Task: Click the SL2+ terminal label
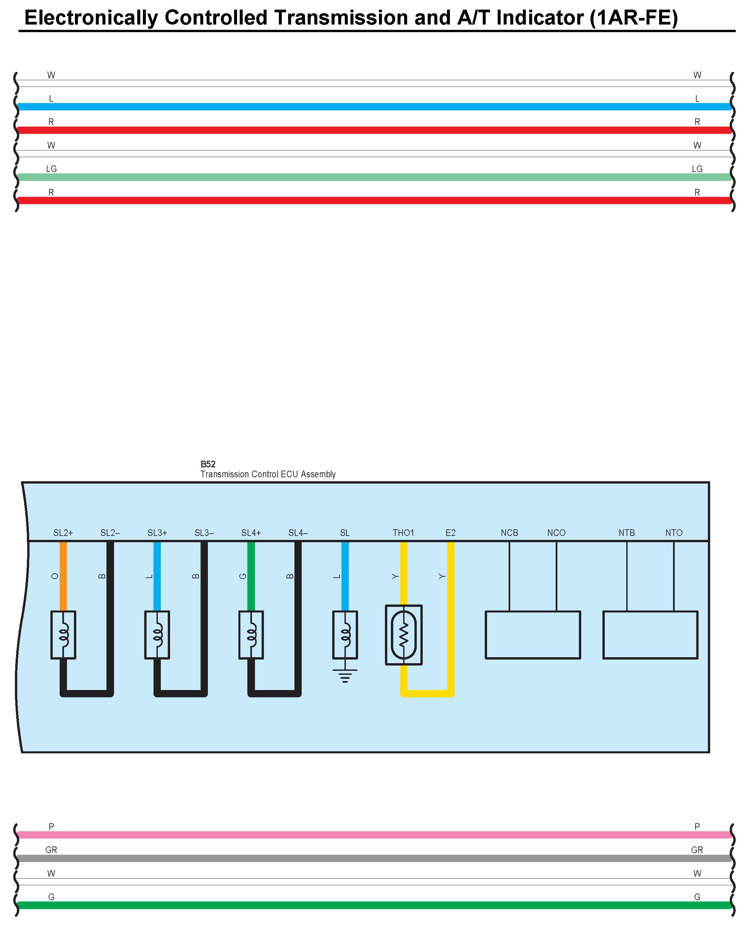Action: [63, 533]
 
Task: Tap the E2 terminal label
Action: [450, 533]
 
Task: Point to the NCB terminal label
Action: [510, 533]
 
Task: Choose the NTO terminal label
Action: [674, 533]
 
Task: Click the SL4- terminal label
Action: [298, 533]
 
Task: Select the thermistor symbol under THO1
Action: [404, 635]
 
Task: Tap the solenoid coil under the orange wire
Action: [63, 635]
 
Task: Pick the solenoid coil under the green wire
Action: [251, 635]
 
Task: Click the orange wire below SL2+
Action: [63, 576]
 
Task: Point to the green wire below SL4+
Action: [251, 576]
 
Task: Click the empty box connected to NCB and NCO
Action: [533, 635]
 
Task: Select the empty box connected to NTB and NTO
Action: [651, 635]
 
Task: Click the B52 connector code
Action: [208, 464]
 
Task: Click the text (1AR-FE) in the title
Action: [634, 18]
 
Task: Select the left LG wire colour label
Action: [51, 169]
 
